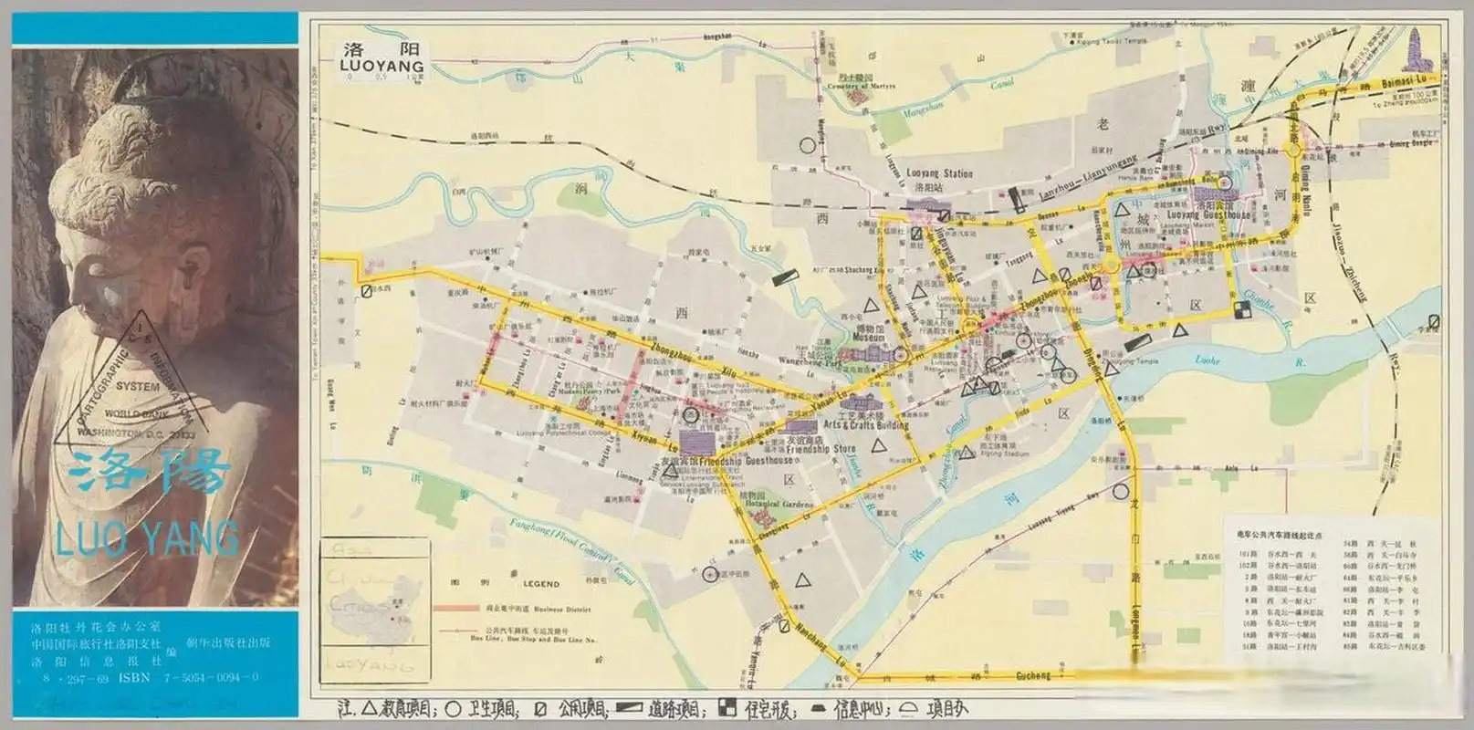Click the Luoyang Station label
939,173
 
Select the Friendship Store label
821,449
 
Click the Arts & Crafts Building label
866,424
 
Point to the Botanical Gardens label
778,504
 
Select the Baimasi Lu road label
1409,83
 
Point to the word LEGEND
540,584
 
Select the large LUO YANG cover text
147,538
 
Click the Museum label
869,338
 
